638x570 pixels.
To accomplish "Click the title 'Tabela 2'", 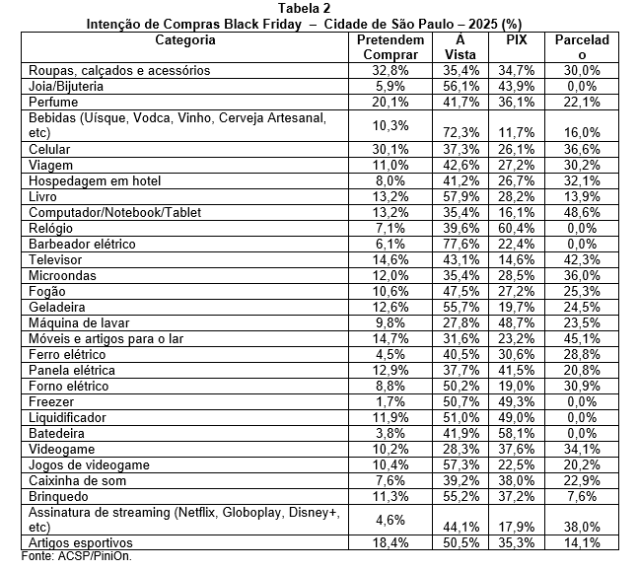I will coord(318,8).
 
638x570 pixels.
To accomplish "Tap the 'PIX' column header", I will coord(515,40).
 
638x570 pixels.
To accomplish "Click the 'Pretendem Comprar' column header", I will coord(390,47).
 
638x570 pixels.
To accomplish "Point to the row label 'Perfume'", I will coord(53,102).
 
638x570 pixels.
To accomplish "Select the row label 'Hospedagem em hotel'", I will coord(95,180).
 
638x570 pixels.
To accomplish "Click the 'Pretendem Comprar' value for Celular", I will coord(390,149).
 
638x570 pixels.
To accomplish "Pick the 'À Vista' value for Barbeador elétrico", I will coord(455,244).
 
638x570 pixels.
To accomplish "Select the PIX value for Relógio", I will coord(515,228).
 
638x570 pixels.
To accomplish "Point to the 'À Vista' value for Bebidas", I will coord(455,132).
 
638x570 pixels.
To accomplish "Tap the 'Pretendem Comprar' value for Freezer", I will coord(390,400).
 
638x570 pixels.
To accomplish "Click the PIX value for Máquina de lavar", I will coord(515,322).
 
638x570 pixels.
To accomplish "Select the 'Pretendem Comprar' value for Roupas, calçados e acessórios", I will coord(390,71).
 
